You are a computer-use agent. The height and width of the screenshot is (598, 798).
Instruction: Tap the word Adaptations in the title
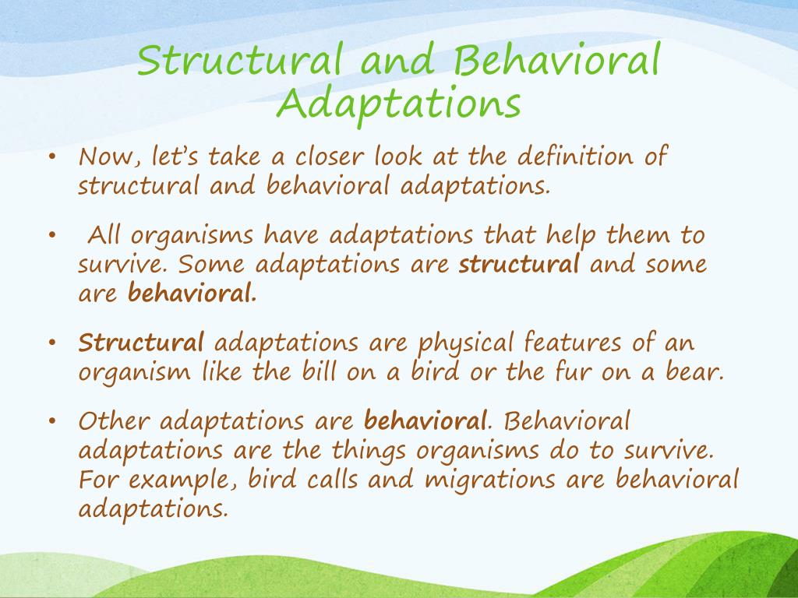[398, 104]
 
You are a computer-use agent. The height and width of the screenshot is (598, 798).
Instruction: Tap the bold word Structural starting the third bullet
[141, 343]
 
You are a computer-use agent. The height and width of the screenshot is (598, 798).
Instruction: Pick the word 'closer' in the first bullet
[330, 157]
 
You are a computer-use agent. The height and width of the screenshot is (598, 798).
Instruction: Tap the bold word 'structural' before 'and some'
[519, 265]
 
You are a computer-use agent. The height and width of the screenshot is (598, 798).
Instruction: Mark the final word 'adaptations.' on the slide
[154, 508]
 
